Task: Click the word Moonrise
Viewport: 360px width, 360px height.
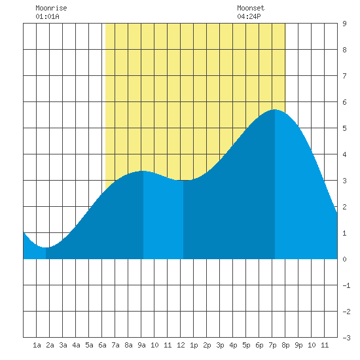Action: point(51,8)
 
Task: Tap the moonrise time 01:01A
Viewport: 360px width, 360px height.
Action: point(47,16)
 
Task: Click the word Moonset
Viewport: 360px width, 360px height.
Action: point(251,8)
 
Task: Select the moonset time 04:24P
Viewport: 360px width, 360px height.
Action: point(249,16)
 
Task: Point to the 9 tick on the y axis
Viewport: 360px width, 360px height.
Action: point(344,24)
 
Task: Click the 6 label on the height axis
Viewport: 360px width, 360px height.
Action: point(344,102)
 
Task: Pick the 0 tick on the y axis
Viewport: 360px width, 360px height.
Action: point(344,259)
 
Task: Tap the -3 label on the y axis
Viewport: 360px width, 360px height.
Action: point(346,338)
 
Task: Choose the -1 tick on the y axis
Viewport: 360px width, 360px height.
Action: point(346,285)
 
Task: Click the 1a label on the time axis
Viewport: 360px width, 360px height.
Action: point(37,345)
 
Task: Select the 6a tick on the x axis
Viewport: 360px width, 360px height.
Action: point(102,345)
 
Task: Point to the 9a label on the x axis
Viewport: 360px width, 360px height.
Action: point(141,345)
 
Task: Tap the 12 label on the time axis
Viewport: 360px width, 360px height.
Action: point(181,345)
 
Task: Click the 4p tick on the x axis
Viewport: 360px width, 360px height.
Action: point(233,345)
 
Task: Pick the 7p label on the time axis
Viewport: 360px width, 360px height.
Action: point(272,345)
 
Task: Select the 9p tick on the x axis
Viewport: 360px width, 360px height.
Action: point(298,345)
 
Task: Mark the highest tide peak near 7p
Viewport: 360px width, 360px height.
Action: point(275,110)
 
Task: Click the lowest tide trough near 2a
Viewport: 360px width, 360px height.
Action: point(46,247)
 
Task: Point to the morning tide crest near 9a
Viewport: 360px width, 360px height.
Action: point(143,171)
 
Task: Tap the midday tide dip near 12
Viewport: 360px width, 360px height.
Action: point(183,181)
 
